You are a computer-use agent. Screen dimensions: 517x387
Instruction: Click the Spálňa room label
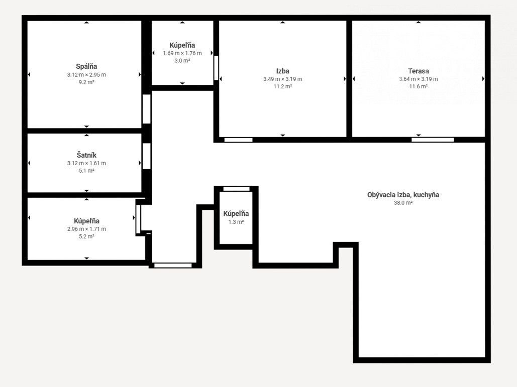[86, 67]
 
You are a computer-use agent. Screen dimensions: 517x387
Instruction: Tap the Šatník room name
[86, 155]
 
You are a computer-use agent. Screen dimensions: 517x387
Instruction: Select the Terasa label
[419, 71]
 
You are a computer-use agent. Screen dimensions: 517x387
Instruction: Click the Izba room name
[282, 71]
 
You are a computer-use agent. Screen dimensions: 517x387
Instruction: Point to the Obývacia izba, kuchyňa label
[403, 195]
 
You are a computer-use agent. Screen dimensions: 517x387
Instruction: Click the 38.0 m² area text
[403, 203]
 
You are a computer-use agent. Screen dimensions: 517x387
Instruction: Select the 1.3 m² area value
[236, 222]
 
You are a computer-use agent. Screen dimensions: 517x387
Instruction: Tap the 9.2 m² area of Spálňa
[86, 82]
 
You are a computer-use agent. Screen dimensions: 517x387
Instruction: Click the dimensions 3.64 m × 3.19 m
[419, 79]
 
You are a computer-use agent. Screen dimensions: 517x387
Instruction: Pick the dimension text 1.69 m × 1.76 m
[182, 53]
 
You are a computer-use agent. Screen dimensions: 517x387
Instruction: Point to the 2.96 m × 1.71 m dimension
[86, 229]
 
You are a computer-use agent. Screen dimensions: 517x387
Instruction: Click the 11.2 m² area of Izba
[282, 87]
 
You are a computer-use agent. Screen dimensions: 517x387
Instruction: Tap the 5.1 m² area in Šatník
[86, 171]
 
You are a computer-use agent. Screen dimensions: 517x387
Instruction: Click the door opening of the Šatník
[146, 156]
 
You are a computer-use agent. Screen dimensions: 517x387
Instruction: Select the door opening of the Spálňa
[146, 109]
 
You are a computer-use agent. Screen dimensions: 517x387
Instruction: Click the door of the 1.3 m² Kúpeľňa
[237, 189]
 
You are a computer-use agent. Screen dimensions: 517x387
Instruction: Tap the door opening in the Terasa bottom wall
[433, 140]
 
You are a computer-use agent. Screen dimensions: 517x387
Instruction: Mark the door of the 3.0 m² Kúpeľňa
[216, 68]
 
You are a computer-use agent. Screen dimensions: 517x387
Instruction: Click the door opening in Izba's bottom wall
[238, 140]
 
